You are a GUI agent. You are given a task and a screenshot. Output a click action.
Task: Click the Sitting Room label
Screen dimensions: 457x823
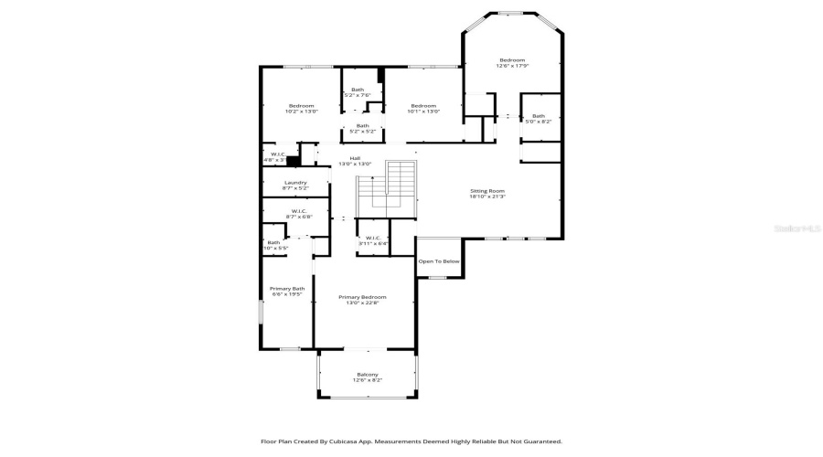[x=487, y=190]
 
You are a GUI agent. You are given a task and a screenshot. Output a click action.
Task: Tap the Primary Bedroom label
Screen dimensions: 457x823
[x=362, y=297]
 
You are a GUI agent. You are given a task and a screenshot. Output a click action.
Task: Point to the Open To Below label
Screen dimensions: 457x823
[x=439, y=261]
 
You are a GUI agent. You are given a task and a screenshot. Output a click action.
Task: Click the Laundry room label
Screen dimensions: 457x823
[x=294, y=182]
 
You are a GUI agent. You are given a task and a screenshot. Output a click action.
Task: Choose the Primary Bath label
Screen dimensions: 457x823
[x=286, y=289]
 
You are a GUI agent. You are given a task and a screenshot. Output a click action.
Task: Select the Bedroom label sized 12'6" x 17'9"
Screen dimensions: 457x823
[x=512, y=60]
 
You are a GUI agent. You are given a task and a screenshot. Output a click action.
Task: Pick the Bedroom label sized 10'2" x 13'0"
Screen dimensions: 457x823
[x=301, y=106]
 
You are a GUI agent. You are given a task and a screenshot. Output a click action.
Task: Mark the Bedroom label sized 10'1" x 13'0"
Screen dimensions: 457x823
[x=423, y=106]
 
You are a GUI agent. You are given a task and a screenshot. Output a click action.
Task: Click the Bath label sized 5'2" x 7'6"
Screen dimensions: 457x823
[x=357, y=90]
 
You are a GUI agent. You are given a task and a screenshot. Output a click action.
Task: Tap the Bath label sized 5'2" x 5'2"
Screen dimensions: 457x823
[x=363, y=126]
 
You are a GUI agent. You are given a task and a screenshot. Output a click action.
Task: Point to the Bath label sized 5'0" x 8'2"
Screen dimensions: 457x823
[x=539, y=116]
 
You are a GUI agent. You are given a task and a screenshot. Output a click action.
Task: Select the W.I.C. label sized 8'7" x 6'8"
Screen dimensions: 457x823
[x=299, y=211]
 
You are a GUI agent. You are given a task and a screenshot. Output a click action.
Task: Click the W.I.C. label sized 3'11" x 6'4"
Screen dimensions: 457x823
[x=372, y=239]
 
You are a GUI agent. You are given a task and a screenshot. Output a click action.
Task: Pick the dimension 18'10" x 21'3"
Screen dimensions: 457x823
[x=487, y=197]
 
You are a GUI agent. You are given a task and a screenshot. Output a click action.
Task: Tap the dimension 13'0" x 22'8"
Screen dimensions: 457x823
[x=362, y=303]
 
